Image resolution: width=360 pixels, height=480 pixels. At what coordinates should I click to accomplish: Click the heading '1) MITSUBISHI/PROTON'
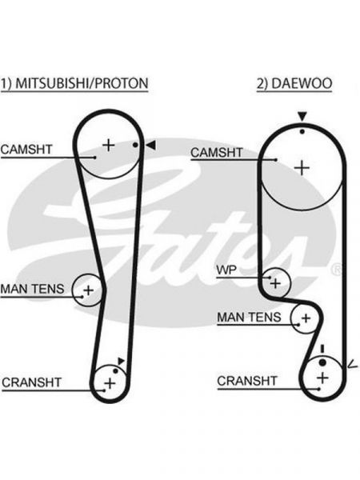74,83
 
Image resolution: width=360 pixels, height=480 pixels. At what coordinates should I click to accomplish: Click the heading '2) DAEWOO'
294,83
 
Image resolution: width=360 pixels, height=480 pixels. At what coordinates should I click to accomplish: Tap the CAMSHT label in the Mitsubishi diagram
26,150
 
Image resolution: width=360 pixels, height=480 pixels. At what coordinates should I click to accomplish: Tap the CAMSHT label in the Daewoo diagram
217,152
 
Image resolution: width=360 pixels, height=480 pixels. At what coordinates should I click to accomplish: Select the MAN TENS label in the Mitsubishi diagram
33,289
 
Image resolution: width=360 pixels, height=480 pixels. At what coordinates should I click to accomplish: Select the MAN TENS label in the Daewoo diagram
249,317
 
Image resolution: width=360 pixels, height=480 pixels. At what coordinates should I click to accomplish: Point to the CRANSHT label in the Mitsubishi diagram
31,382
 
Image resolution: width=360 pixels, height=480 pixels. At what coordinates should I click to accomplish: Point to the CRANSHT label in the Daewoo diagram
247,381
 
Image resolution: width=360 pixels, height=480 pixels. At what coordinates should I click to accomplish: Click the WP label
226,270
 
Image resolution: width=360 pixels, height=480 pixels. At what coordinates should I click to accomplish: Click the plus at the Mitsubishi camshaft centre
108,145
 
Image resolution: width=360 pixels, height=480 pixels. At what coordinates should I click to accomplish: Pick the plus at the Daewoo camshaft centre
302,168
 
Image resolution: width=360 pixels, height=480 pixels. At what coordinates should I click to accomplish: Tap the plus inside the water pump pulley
275,283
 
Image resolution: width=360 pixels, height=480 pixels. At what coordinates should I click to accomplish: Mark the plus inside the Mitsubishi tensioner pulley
88,290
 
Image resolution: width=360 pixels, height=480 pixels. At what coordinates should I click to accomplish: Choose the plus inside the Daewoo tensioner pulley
306,318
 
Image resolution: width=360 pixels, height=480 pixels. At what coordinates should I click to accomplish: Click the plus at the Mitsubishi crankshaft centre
110,383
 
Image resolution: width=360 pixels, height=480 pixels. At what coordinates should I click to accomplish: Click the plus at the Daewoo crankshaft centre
322,378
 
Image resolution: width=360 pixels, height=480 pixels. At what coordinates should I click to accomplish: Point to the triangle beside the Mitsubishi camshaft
151,145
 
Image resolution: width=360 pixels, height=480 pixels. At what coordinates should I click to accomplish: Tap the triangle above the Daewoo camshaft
302,116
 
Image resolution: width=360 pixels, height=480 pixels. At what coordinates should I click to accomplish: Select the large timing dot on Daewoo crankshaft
322,362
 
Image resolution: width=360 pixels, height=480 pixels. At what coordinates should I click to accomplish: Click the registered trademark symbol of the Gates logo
338,270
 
